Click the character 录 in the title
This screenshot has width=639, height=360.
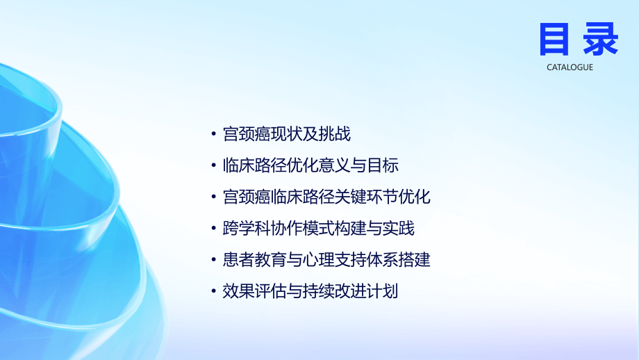[x=599, y=39]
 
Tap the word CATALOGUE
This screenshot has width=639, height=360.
[x=570, y=67]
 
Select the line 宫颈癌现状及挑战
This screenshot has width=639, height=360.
[x=287, y=133]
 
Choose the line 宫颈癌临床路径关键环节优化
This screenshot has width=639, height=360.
[x=326, y=197]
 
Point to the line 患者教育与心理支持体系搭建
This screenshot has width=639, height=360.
[x=326, y=260]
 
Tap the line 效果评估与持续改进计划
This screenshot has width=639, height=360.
[x=310, y=291]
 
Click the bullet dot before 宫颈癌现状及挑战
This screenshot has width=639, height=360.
[x=214, y=134]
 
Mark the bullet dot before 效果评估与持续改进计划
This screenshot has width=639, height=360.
[x=214, y=292]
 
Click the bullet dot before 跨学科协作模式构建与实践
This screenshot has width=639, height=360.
[x=214, y=229]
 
